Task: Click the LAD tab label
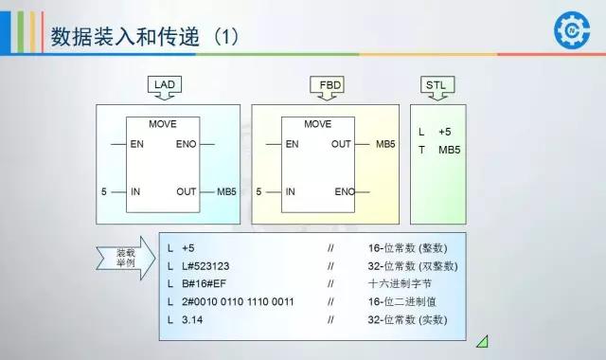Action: coord(165,84)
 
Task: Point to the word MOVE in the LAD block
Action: coord(163,124)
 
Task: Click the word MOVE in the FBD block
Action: coord(318,124)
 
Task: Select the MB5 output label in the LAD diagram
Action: coord(226,191)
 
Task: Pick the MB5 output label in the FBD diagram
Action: coord(385,144)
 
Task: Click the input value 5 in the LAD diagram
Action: coord(104,191)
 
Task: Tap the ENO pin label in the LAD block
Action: coord(187,144)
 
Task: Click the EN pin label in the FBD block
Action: coord(292,144)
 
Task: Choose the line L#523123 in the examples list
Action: coord(202,265)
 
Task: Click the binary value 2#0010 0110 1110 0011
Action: coord(233,302)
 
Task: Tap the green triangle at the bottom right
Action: coord(483,340)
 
